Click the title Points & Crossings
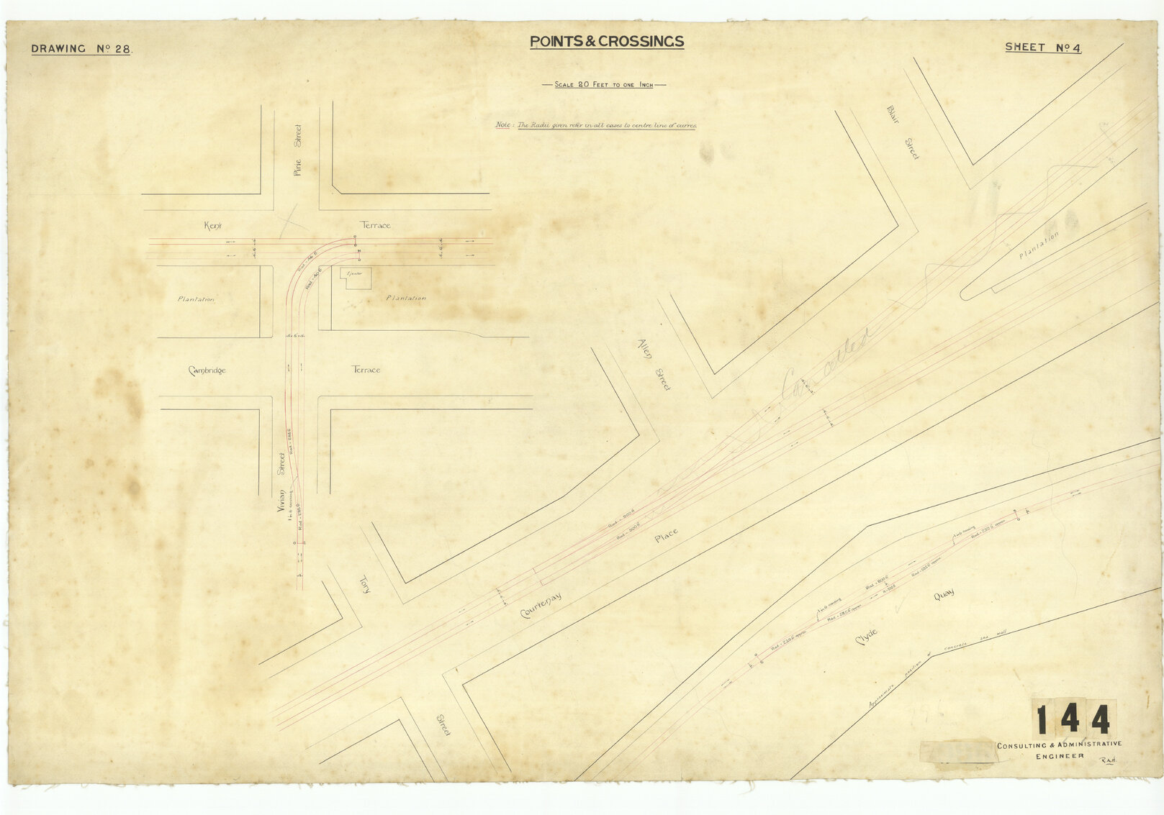607,42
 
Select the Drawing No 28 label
81,50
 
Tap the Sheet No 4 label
1043,47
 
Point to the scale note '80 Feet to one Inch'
603,85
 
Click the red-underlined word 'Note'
503,125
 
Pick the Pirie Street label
298,150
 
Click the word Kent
213,226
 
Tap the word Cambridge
207,370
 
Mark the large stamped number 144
1073,719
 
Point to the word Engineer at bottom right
1060,756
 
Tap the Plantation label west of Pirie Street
196,299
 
